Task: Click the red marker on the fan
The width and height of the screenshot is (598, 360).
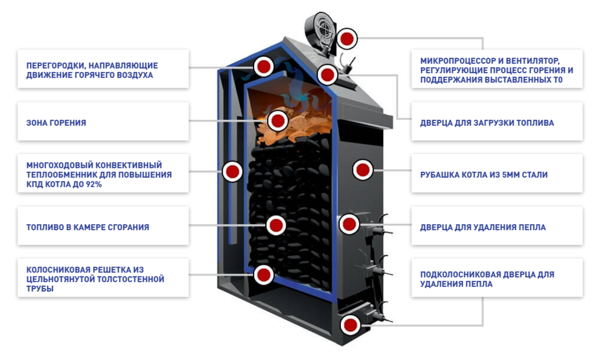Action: (347, 38)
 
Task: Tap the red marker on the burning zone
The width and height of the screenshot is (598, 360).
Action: (278, 121)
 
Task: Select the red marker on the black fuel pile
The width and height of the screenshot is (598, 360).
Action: (276, 225)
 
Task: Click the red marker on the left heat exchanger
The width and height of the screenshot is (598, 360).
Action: (232, 172)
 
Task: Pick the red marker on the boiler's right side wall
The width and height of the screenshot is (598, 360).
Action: (362, 169)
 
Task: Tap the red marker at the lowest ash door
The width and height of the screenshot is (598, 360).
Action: (350, 324)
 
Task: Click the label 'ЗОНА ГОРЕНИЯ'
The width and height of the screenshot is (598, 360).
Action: (57, 123)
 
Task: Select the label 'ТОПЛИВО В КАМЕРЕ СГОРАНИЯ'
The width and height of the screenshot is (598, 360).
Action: (88, 227)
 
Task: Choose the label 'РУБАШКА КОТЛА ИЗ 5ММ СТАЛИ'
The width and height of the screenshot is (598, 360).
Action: (484, 175)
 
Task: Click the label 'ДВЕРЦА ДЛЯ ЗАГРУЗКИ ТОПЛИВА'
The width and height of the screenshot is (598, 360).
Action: (487, 123)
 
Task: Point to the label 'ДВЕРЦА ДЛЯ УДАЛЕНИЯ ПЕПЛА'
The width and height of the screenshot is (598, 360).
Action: (483, 227)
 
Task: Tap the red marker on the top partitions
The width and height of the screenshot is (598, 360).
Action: (263, 67)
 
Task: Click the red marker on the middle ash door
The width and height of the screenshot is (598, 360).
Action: (349, 224)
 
